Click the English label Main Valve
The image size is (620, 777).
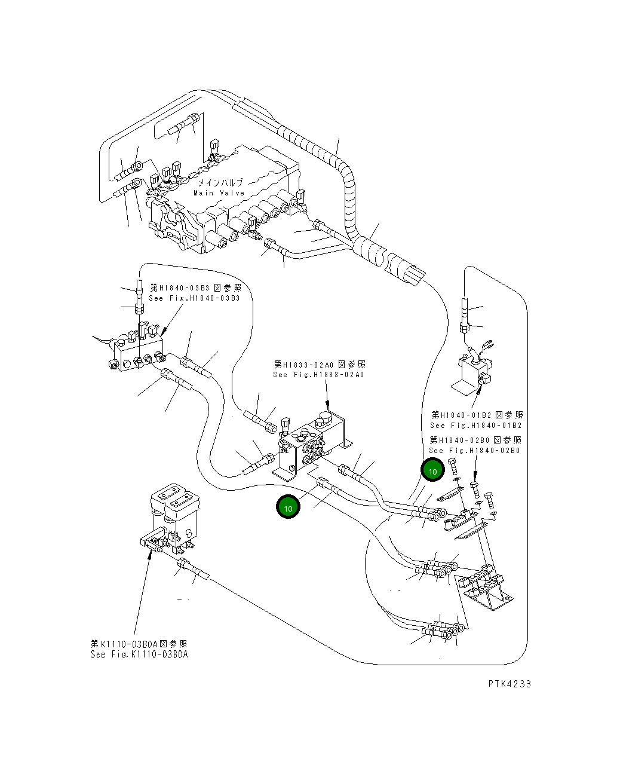pos(219,193)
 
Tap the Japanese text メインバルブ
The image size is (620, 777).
pos(220,182)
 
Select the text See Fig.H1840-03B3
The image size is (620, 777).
pos(194,298)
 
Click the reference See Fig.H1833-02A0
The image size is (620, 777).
pos(318,375)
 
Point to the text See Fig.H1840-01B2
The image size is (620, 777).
pos(476,426)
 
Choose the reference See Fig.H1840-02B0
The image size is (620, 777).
pos(475,451)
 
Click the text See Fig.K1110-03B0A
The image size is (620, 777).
pos(139,654)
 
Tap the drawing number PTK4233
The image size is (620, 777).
pos(509,684)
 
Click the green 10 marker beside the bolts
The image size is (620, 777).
pos(432,471)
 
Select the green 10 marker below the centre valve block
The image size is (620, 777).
pos(288,507)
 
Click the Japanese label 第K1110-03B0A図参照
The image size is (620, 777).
pos(139,644)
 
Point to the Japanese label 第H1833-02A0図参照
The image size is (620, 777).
pos(320,364)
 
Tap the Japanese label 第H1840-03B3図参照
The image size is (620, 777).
pos(195,287)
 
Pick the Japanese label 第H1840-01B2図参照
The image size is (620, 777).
pos(477,415)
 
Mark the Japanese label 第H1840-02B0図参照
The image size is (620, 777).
pos(475,440)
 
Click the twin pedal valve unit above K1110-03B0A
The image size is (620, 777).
pos(173,514)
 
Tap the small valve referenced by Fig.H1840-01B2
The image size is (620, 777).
pos(475,371)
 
